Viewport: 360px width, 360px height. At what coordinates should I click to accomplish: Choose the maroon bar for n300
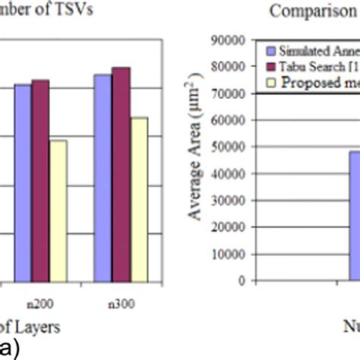click(121, 174)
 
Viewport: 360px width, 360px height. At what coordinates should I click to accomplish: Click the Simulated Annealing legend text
click(319, 50)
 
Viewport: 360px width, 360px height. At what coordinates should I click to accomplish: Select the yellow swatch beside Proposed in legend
click(273, 83)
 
